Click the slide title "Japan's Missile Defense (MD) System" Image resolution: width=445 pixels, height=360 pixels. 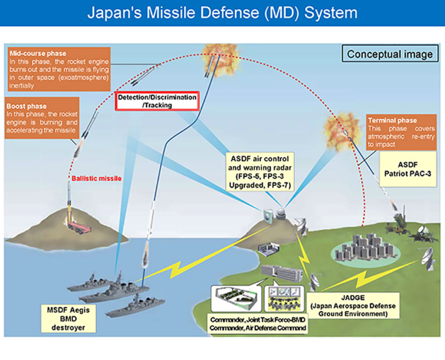222,13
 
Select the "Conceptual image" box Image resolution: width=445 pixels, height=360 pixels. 390,54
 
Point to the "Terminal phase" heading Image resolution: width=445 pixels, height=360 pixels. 392,121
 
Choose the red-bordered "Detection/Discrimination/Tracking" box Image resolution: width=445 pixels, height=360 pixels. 157,101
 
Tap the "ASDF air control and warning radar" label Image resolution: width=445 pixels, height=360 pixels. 260,172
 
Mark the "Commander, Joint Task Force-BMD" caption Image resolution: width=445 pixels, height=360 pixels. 259,320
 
